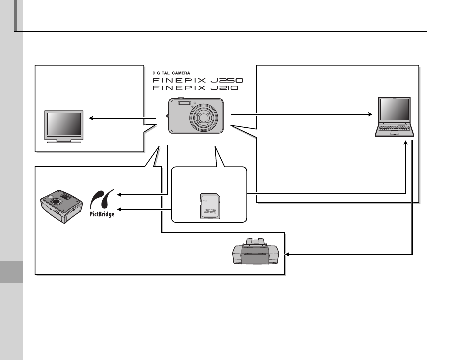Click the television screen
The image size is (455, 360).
[63, 123]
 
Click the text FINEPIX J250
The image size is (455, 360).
[198, 80]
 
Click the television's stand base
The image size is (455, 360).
[63, 141]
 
